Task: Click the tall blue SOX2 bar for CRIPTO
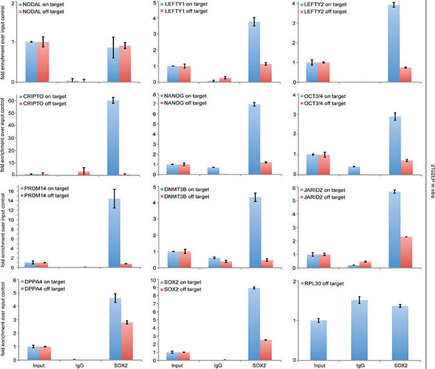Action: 113,137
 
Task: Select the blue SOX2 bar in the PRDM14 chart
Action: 114,233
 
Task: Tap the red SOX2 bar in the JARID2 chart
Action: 406,252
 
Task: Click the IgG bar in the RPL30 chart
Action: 359,330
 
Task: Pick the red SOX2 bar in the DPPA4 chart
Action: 127,341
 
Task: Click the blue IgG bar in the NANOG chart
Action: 213,171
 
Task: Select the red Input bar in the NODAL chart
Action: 43,62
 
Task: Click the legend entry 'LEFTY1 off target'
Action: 184,11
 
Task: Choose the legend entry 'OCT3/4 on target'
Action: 324,96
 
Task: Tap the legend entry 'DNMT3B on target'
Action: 185,190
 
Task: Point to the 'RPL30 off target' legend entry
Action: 322,283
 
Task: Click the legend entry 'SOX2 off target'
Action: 181,289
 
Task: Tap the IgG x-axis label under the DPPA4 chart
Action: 80,365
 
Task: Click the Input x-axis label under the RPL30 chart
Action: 319,365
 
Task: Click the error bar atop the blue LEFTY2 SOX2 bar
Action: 394,5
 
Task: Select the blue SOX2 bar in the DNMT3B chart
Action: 255,232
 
